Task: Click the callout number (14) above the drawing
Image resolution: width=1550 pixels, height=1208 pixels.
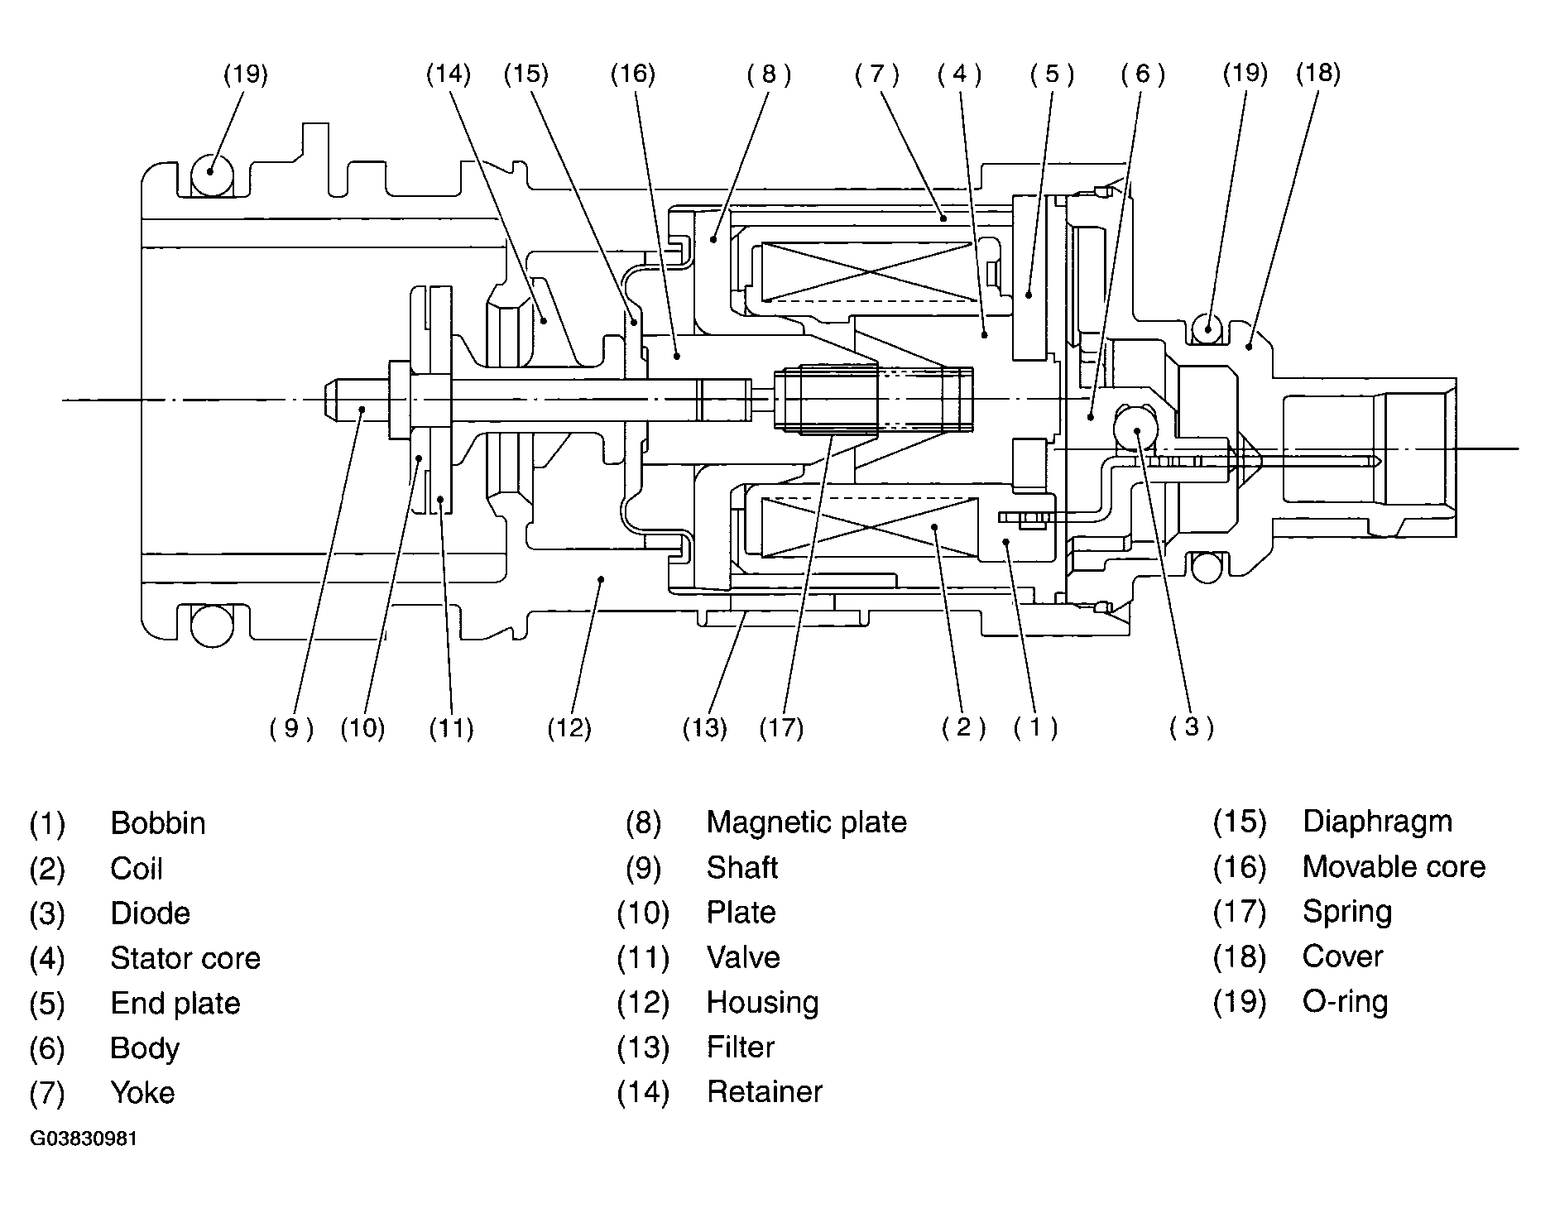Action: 449,74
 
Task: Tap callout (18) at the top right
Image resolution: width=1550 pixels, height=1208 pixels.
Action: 1318,73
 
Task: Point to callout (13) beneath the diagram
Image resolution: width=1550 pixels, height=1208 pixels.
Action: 705,728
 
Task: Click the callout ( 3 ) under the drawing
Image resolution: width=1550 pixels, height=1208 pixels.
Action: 1192,726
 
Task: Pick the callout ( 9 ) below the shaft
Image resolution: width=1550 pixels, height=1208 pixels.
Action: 291,728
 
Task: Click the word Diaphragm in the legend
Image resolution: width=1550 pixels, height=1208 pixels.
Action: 1377,822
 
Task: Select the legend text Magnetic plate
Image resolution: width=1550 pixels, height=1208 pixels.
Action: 807,822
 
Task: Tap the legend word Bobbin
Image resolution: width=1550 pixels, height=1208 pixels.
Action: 158,823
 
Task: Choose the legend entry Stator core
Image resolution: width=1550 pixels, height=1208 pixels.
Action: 185,958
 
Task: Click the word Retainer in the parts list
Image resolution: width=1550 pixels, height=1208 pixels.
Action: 765,1092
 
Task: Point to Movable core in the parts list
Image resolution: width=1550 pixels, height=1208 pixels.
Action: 1394,866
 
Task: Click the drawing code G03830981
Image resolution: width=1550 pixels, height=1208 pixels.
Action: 84,1138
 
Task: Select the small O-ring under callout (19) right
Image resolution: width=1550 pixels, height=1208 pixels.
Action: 1207,328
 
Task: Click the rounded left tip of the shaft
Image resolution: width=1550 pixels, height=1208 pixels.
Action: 329,400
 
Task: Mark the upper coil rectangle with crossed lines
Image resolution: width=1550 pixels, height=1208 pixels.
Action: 866,272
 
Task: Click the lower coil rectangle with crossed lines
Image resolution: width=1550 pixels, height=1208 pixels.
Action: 872,527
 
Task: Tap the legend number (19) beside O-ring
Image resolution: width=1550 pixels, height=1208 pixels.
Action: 1240,1002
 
